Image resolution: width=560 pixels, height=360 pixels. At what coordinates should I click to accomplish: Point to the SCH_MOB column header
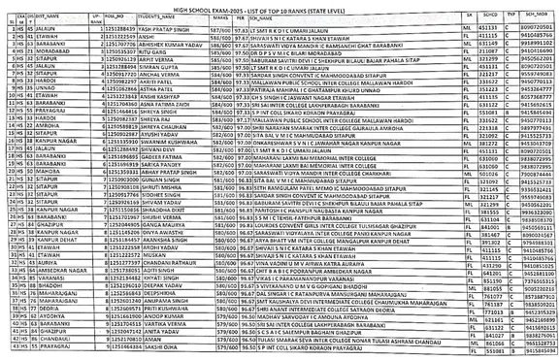[x=540, y=19]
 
